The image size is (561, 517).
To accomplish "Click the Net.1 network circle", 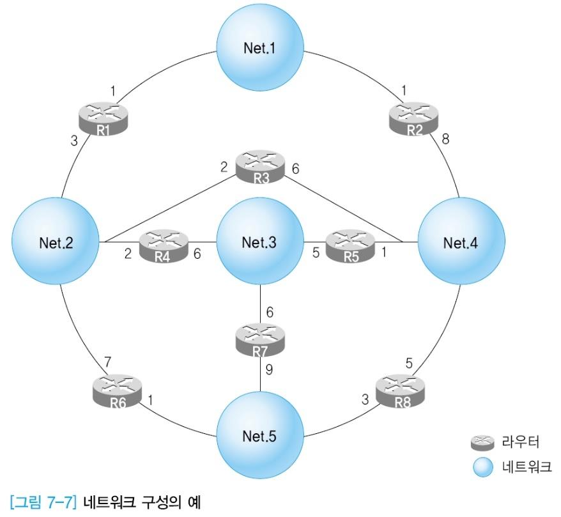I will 261,48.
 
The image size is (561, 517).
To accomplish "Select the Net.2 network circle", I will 56,242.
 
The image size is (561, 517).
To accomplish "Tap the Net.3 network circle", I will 260,242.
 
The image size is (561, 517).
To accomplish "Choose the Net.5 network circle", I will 260,436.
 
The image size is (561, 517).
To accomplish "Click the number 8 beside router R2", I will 445,138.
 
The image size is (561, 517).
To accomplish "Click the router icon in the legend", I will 484,442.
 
